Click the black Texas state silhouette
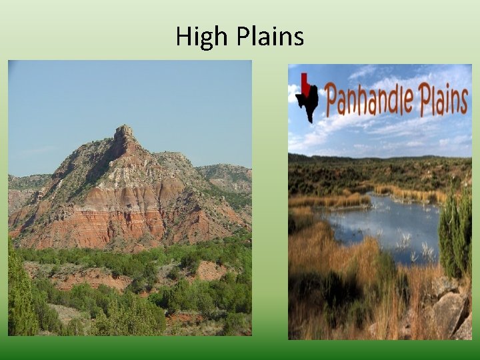tap(308, 103)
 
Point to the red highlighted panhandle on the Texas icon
tap(305, 83)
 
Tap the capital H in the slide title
tap(184, 36)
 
